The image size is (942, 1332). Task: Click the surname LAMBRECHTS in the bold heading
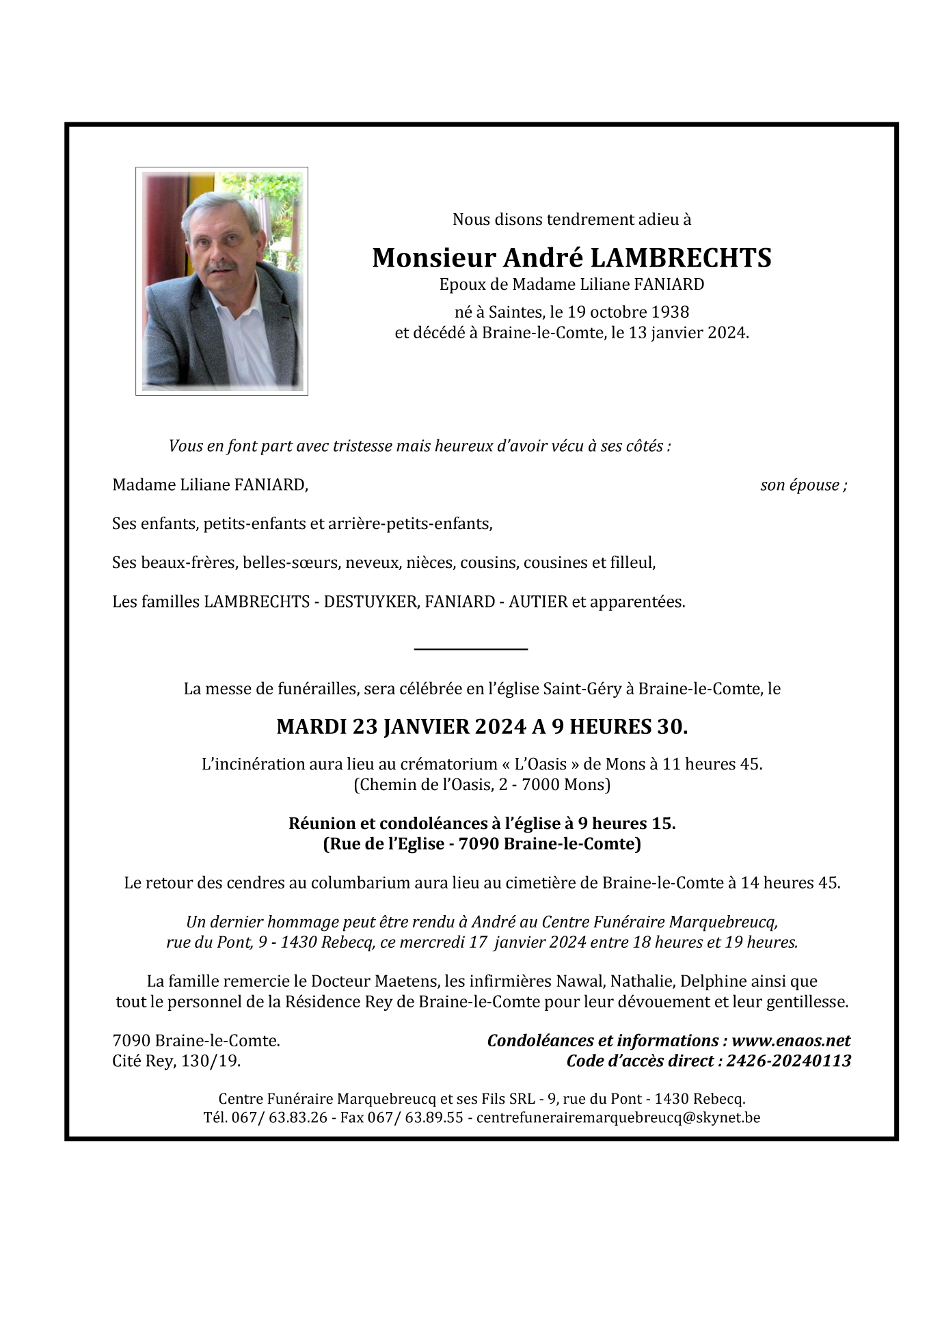pyautogui.click(x=680, y=258)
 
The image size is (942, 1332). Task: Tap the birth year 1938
pyautogui.click(x=670, y=312)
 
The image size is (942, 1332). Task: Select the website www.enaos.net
pyautogui.click(x=791, y=1040)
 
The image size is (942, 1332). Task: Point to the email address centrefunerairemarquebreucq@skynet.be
pyautogui.click(x=618, y=1117)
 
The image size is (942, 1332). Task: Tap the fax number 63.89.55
pyautogui.click(x=434, y=1117)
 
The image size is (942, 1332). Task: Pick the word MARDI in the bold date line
pyautogui.click(x=311, y=726)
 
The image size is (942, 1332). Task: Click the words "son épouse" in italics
pyautogui.click(x=800, y=485)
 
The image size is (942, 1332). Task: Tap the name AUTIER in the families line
pyautogui.click(x=538, y=602)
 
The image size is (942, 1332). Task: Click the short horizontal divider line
pyautogui.click(x=471, y=648)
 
